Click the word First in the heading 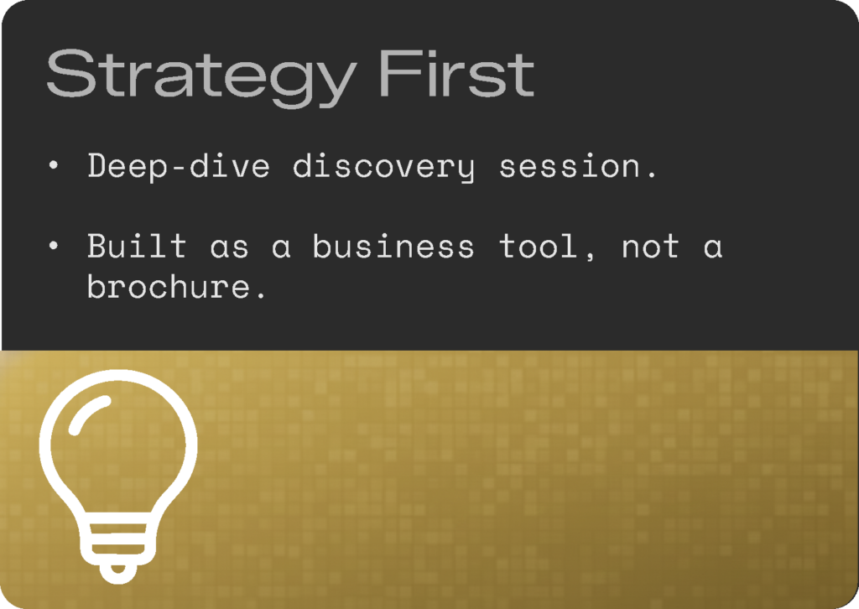click(x=456, y=73)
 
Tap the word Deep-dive click(x=179, y=166)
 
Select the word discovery click(x=383, y=166)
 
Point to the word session click(x=570, y=166)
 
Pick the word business click(x=393, y=246)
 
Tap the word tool click(x=538, y=246)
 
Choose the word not click(x=651, y=247)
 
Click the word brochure click(x=169, y=286)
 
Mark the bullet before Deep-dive click(x=53, y=165)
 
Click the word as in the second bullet click(x=230, y=248)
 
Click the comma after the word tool click(x=590, y=257)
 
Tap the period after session click(x=651, y=175)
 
